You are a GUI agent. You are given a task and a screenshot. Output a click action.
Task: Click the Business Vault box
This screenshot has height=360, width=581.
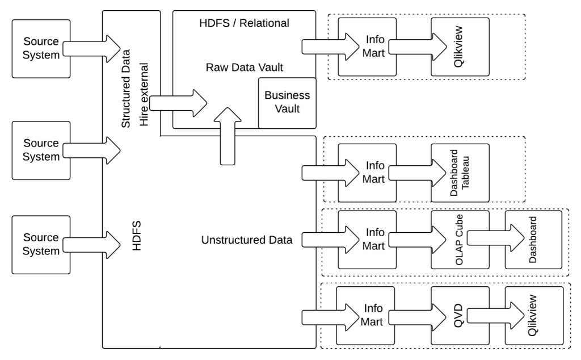[x=287, y=102]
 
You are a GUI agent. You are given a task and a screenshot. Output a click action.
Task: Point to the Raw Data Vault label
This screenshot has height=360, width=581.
[x=244, y=68]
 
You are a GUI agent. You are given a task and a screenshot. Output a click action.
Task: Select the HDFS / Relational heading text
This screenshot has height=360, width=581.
[x=245, y=23]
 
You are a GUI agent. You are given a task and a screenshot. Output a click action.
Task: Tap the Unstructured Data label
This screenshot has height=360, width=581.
[x=246, y=240]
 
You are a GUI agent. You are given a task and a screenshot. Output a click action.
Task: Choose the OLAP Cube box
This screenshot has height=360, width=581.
[x=460, y=240]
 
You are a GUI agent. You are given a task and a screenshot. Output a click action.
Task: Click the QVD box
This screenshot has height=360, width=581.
[x=460, y=315]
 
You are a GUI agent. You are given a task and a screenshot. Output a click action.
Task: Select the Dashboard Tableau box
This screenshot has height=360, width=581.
[x=460, y=173]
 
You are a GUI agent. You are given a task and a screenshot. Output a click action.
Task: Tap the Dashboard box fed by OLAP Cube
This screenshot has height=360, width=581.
[x=534, y=240]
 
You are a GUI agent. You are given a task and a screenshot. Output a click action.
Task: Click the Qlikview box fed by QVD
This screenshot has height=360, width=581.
[x=534, y=315]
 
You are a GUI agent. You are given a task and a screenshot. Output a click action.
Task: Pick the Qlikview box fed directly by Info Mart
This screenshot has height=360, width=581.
[x=460, y=47]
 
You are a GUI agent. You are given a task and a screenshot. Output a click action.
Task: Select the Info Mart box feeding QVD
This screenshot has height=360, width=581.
[x=367, y=315]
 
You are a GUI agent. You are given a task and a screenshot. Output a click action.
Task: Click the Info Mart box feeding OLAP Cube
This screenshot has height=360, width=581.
[x=367, y=240]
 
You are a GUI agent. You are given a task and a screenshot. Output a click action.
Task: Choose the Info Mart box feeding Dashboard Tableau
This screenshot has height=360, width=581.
[x=367, y=173]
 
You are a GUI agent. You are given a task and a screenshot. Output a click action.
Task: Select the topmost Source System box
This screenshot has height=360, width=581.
[x=41, y=49]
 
